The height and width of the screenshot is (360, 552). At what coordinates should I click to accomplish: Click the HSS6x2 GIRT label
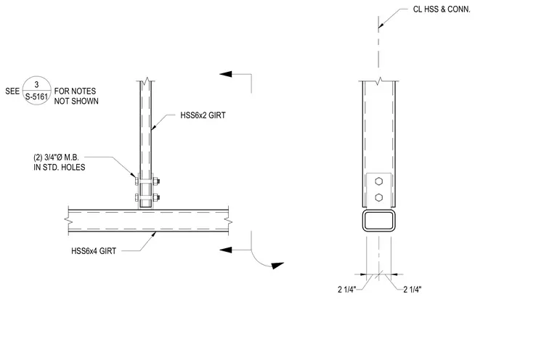click(x=203, y=115)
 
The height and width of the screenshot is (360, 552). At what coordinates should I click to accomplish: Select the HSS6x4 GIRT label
click(x=94, y=251)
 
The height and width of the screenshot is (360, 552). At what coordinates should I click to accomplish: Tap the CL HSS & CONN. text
click(x=442, y=9)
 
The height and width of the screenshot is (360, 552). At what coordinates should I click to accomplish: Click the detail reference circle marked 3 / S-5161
click(x=37, y=91)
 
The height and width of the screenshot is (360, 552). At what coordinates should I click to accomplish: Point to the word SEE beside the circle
click(x=12, y=91)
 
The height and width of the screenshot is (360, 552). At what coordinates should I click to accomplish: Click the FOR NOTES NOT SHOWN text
click(x=76, y=96)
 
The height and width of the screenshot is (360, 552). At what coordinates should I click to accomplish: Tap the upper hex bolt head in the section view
click(x=379, y=181)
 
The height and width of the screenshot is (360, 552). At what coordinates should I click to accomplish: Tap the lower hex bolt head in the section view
click(x=379, y=197)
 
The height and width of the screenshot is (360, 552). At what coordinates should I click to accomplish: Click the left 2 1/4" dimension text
click(x=346, y=290)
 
